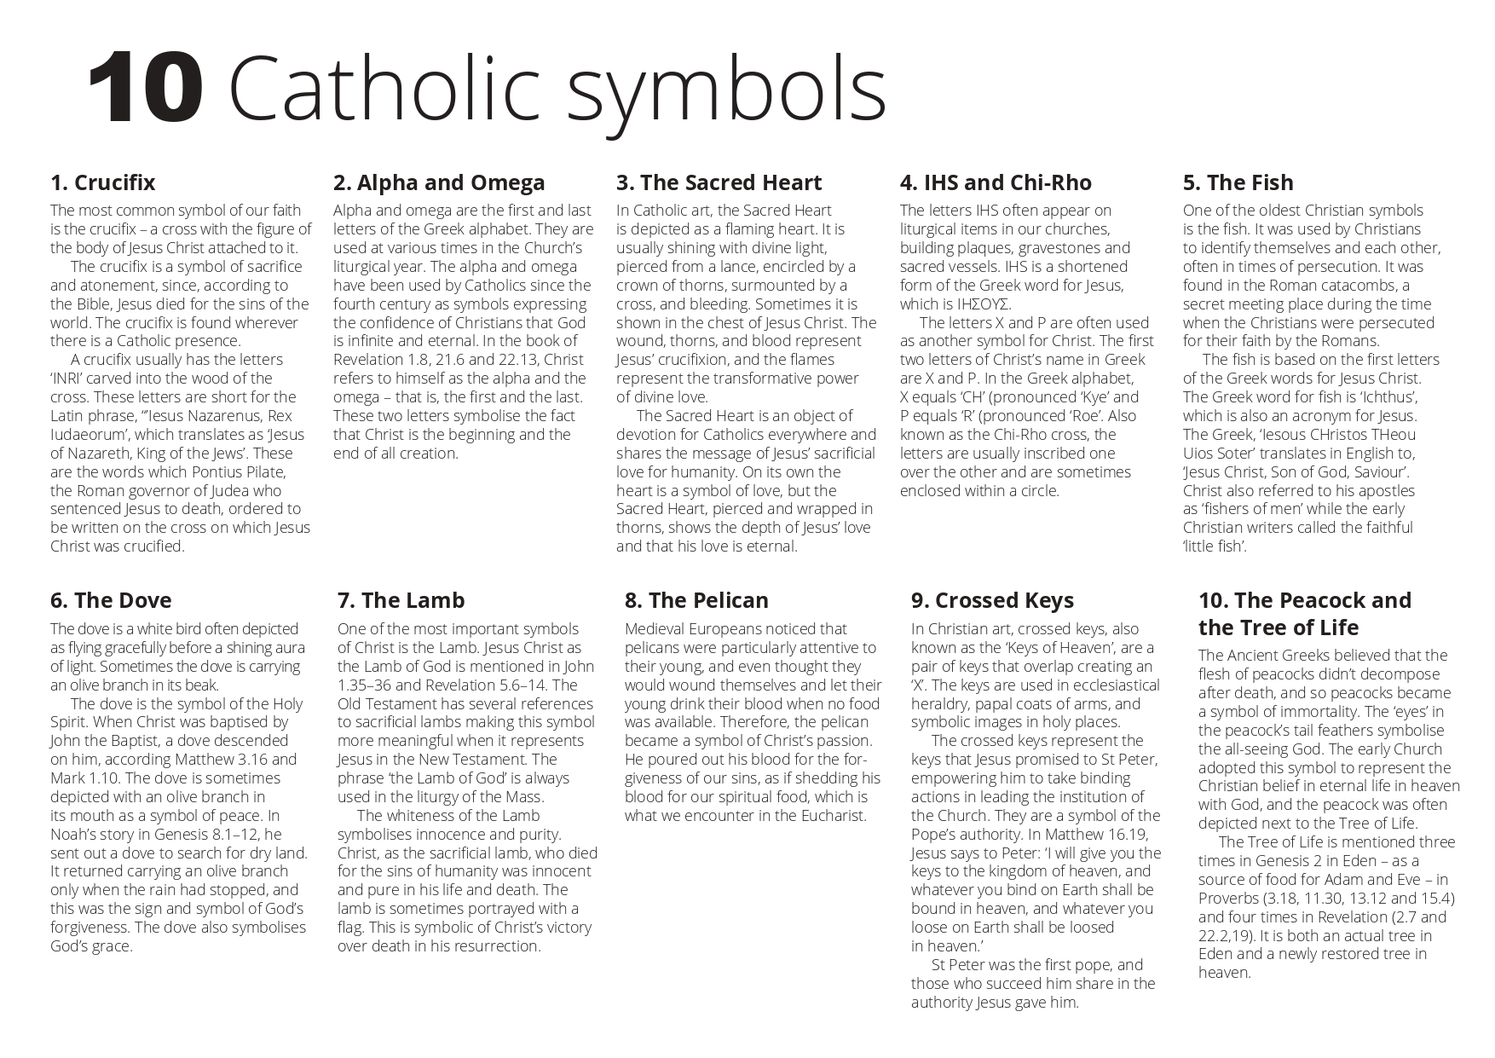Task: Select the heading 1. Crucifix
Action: coord(102,182)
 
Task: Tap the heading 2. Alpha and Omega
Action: coord(439,182)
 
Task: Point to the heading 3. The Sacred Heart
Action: coord(719,182)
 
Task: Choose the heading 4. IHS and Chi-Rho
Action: coord(996,182)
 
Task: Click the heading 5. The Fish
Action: coord(1238,182)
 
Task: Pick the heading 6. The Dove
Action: coord(111,600)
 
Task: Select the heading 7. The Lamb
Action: coord(401,600)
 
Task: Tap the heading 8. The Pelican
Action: coord(696,600)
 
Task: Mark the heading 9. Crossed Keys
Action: coord(992,600)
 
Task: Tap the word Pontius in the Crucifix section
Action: coord(229,472)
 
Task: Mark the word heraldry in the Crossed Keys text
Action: coord(940,704)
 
